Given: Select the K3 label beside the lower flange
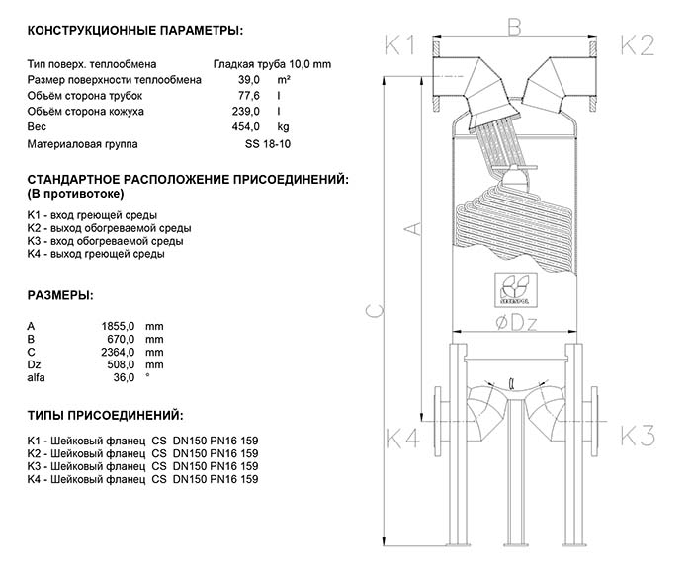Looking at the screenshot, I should (x=637, y=436).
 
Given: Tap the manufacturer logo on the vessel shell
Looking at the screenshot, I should (x=514, y=287).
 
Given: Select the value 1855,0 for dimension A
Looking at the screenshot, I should (x=119, y=326).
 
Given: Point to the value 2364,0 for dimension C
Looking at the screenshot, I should (x=119, y=352).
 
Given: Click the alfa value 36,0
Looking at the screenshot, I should (x=124, y=377).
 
